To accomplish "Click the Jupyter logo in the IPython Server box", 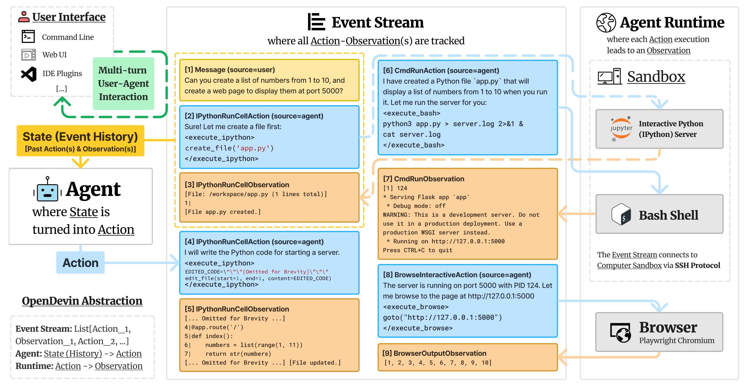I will (621, 129).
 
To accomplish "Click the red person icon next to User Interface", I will (24, 17).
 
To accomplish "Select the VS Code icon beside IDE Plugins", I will (29, 74).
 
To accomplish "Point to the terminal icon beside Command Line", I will (28, 37).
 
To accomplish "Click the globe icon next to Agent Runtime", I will (606, 22).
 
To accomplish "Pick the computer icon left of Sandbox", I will (609, 77).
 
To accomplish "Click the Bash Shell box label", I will (668, 215).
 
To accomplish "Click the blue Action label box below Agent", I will (80, 263).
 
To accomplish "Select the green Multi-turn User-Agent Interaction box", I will (124, 84).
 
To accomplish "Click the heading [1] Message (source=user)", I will (230, 70).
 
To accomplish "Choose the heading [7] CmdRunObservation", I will (423, 179).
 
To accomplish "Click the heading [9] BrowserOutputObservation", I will (434, 353).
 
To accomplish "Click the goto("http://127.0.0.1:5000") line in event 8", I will (442, 317).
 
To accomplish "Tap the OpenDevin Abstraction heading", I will (82, 301).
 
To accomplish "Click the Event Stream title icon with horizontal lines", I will (317, 22).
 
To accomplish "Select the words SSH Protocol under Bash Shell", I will (697, 266).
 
